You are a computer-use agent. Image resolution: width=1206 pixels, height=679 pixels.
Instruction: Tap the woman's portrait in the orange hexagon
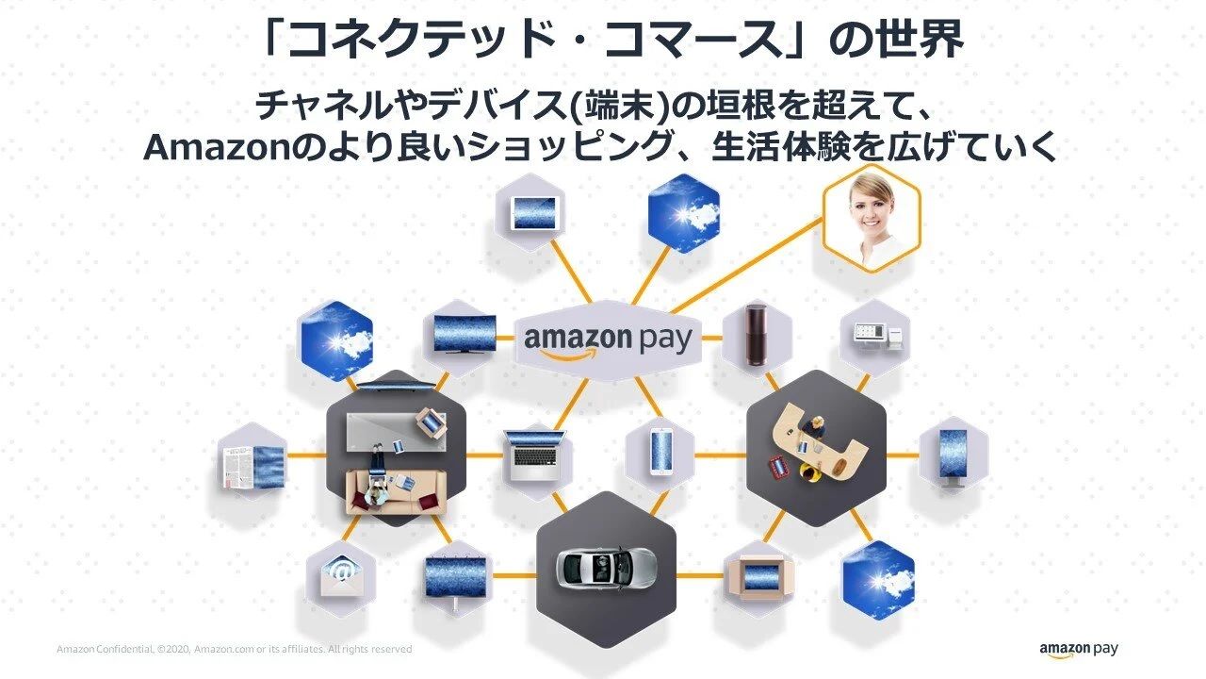tap(871, 218)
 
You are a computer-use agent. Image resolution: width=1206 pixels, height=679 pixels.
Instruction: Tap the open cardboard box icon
tap(758, 575)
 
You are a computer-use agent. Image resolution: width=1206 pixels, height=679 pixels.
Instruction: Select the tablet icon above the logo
tap(535, 213)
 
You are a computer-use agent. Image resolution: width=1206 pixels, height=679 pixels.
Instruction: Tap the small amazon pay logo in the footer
tap(1079, 650)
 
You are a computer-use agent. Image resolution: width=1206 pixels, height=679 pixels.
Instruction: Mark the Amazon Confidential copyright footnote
tap(234, 650)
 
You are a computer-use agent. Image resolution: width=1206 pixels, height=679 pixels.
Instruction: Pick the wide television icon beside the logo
tap(464, 333)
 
